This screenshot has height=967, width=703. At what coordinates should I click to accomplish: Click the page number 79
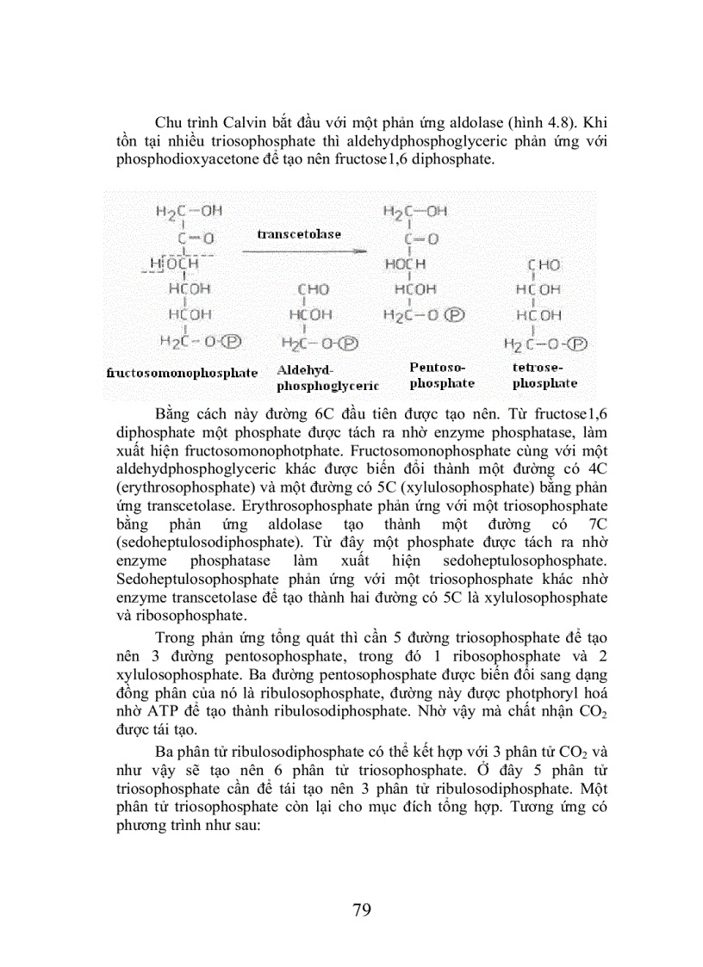click(x=362, y=909)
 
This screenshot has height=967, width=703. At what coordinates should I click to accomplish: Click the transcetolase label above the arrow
click(x=298, y=233)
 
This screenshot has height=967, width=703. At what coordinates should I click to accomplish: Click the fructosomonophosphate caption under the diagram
click(x=182, y=373)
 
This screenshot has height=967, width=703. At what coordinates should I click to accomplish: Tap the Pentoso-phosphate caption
click(x=442, y=375)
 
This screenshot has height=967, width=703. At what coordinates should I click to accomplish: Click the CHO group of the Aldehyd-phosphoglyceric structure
click(x=313, y=290)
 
